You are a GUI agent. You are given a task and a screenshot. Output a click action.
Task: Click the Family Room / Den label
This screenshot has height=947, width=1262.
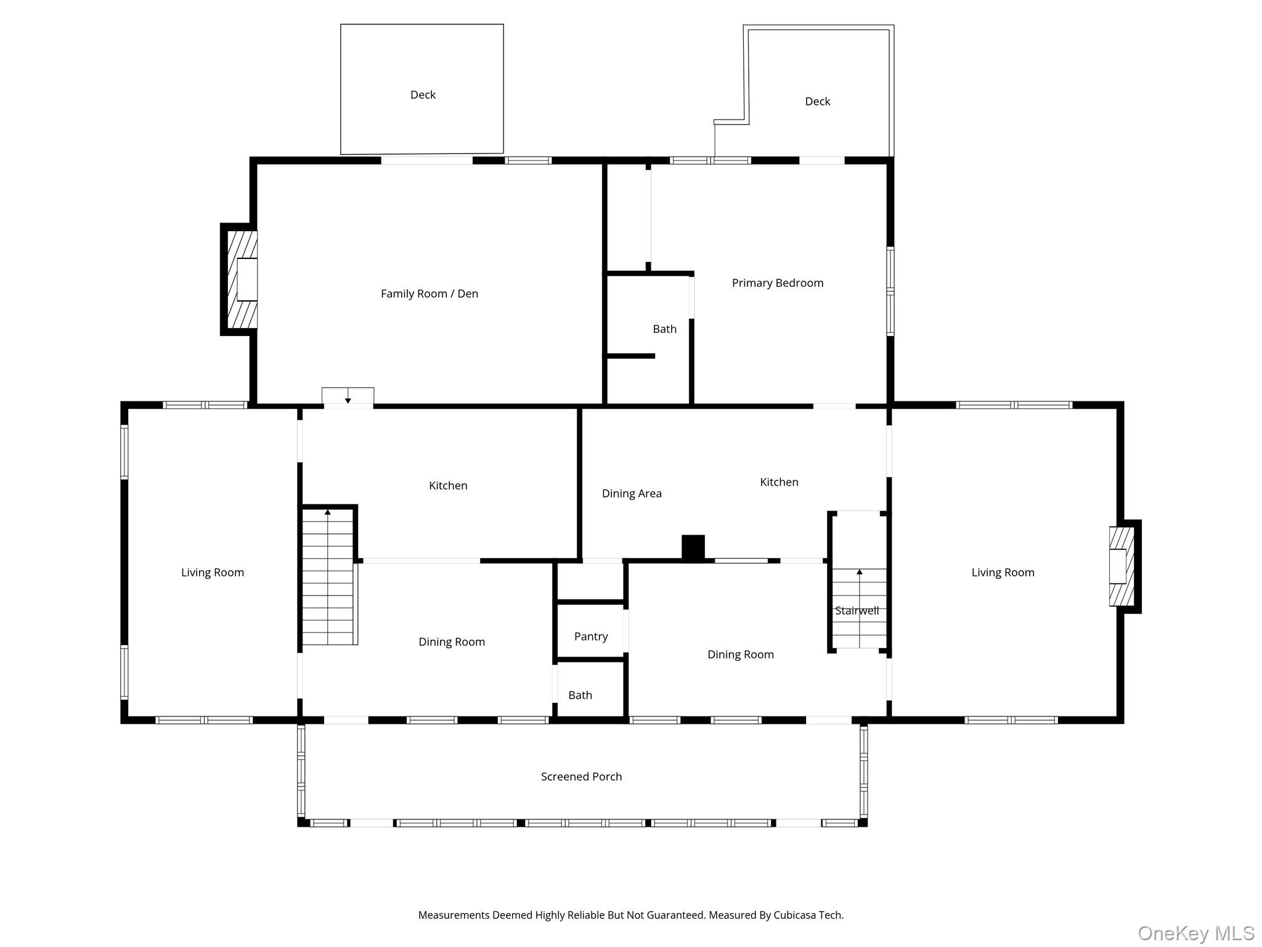click(x=429, y=293)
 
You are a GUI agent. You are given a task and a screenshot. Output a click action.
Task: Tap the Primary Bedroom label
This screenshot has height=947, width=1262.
click(x=777, y=283)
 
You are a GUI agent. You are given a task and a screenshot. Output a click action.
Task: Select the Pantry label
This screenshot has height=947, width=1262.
click(x=590, y=636)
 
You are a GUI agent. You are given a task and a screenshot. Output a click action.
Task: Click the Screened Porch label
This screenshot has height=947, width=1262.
click(x=581, y=777)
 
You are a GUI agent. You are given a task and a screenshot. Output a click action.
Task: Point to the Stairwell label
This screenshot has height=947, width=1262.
click(x=857, y=611)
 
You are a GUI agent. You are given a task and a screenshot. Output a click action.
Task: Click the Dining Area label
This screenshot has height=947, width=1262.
click(x=631, y=493)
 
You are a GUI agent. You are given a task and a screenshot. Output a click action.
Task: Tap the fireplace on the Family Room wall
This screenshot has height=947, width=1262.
click(x=242, y=279)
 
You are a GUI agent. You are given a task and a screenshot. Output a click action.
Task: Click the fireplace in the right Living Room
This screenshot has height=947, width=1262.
click(x=1122, y=566)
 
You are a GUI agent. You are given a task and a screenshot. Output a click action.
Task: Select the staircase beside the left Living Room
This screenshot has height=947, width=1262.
click(x=328, y=576)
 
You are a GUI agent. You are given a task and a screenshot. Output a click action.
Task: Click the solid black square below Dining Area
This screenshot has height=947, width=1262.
click(x=693, y=547)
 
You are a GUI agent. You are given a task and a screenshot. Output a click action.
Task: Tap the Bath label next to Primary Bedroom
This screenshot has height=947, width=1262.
click(x=664, y=329)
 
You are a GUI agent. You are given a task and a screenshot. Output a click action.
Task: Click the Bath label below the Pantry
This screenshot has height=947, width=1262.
click(x=580, y=695)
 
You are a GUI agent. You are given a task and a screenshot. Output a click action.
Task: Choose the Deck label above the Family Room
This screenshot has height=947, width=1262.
click(x=423, y=95)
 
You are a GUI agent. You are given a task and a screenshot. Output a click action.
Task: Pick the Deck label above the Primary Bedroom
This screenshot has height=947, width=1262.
click(x=817, y=102)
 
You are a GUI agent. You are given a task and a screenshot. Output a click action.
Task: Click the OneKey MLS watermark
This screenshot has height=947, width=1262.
click(x=1195, y=933)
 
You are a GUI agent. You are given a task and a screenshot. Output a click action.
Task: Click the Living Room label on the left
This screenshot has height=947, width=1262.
click(x=212, y=573)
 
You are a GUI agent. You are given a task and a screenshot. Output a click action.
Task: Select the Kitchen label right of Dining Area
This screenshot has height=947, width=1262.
click(x=779, y=482)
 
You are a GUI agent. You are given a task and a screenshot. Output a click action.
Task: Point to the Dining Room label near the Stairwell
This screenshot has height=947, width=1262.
click(x=740, y=655)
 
